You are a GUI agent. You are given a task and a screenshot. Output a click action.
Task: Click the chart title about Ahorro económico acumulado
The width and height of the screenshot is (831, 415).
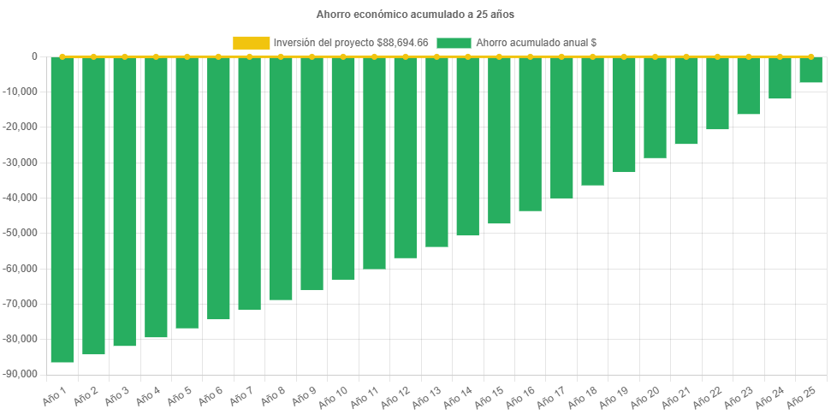point(415,15)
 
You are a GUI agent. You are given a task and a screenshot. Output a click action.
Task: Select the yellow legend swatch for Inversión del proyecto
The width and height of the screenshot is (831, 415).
point(251,42)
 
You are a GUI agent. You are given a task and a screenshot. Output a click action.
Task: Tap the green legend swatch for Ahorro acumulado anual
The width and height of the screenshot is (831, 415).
point(454,42)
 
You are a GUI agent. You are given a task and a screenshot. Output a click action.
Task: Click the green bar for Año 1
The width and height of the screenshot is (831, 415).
point(62,210)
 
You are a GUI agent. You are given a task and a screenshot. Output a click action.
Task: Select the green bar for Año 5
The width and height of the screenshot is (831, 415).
point(187,193)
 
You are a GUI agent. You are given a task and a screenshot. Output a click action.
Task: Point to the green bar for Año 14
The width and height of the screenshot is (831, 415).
point(468,146)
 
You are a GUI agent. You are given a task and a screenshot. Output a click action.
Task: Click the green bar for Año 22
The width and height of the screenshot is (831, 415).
point(717,93)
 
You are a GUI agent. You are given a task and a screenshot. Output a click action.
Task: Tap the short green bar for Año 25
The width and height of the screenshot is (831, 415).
point(811,70)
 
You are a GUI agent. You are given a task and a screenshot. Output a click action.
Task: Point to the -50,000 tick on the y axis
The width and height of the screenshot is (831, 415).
point(23,233)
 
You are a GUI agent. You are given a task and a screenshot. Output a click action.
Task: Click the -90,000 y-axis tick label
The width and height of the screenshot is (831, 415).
point(23,374)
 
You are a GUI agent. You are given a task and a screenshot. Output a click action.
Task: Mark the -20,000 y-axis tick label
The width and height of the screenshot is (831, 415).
point(23,127)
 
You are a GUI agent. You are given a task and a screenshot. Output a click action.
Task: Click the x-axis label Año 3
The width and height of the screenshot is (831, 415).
point(117,396)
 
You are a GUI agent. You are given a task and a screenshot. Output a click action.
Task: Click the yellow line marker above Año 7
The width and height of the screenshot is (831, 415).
point(249,56)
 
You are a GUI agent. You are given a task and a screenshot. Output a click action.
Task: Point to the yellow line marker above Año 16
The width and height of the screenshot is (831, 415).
point(531,56)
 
